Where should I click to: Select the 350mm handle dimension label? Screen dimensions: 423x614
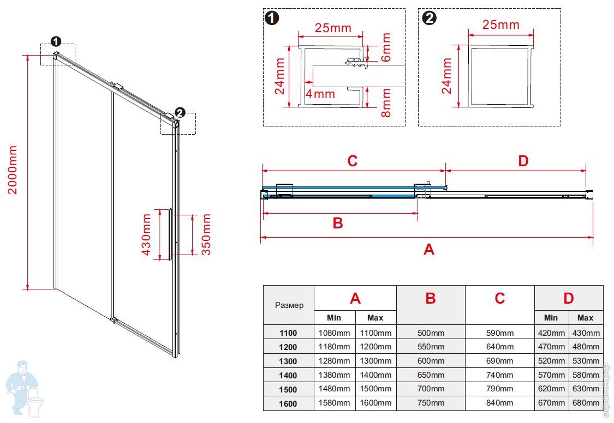[206, 234]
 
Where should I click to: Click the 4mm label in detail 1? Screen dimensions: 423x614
[320, 94]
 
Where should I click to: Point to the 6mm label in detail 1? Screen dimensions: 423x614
[386, 47]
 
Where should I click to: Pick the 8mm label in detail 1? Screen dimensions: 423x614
[386, 104]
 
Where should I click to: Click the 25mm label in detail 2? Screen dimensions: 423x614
[501, 25]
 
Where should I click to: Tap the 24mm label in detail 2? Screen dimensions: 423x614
[447, 76]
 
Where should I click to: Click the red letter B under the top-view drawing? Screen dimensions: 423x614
[338, 223]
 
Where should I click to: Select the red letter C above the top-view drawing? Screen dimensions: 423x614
[353, 161]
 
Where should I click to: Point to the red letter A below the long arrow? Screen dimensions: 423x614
[429, 250]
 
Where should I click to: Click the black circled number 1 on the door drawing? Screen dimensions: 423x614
[56, 41]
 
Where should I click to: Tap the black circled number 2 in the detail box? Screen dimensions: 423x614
[430, 18]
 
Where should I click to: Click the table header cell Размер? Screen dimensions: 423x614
[289, 305]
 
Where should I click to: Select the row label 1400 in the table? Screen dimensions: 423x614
[288, 375]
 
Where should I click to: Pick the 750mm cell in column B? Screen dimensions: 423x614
[431, 403]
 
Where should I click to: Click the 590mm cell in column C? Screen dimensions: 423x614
[500, 333]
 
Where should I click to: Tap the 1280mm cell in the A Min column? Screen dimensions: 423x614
[334, 361]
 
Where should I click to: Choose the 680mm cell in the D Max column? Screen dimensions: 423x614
[586, 403]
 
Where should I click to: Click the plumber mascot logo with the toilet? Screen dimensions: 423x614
[25, 388]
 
